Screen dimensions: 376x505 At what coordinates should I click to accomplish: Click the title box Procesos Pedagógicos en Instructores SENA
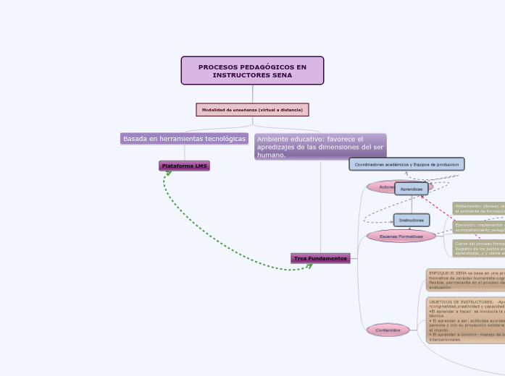click(x=252, y=70)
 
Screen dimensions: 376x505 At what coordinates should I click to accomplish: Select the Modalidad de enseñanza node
click(x=252, y=109)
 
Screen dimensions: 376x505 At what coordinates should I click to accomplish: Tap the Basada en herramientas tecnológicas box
click(x=184, y=138)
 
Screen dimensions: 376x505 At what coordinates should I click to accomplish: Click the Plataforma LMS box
click(x=184, y=166)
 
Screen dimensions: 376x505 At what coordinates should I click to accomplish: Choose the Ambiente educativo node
click(x=320, y=146)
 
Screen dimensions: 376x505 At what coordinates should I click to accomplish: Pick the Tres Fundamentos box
click(x=320, y=258)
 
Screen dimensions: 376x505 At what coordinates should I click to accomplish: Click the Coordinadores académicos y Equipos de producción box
click(x=406, y=165)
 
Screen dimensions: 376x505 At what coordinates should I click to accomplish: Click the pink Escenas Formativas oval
click(x=401, y=236)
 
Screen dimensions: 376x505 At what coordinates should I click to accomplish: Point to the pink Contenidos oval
click(x=388, y=330)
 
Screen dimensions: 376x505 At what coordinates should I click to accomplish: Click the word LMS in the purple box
click(x=201, y=166)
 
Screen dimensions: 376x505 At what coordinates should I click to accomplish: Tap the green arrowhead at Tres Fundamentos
click(x=309, y=265)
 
